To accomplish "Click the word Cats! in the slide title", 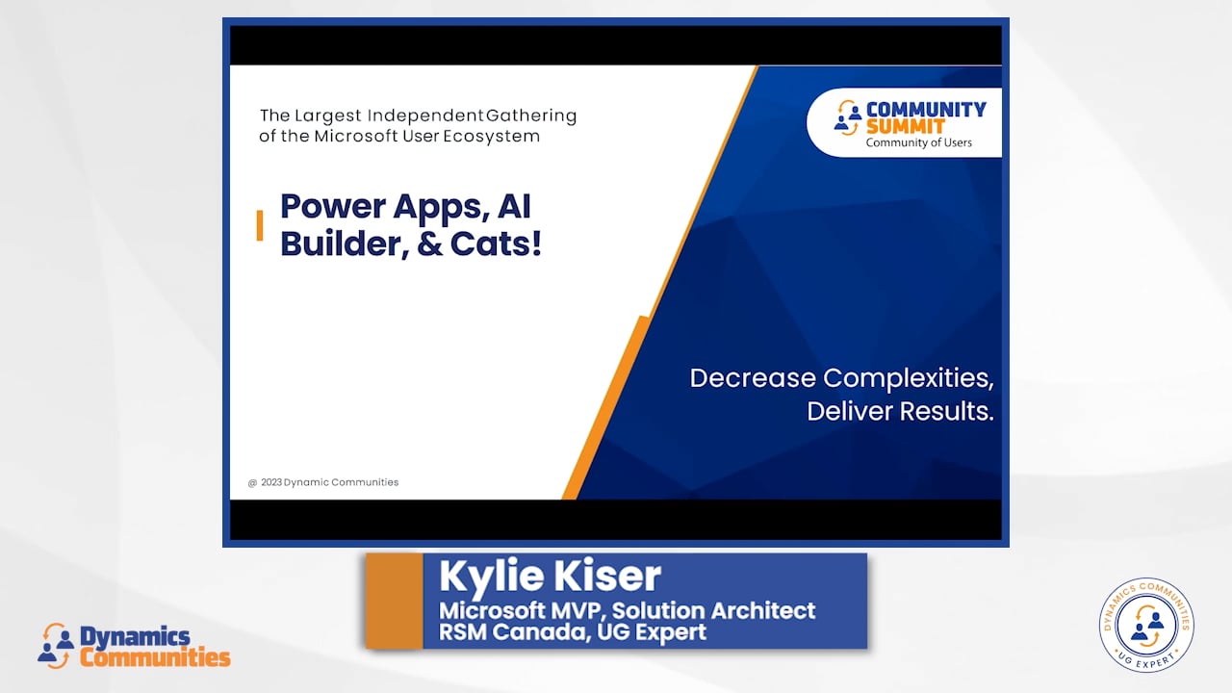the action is (496, 244).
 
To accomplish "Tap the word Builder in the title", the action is (345, 244).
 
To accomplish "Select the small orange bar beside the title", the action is (260, 225).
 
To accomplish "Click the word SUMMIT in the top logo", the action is (906, 127).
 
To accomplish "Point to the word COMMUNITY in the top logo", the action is (926, 110).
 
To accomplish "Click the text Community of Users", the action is (918, 143).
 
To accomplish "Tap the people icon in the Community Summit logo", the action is (848, 117).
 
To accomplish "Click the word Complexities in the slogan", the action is (908, 379).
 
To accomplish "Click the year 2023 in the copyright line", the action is (271, 482).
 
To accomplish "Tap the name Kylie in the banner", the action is (491, 577).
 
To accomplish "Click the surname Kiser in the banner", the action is (606, 576).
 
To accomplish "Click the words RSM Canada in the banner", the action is (515, 632).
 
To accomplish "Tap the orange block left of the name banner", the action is (395, 602).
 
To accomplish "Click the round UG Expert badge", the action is (1146, 625).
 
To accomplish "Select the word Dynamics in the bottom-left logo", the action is (136, 637).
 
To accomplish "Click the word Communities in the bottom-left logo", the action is (155, 657).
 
